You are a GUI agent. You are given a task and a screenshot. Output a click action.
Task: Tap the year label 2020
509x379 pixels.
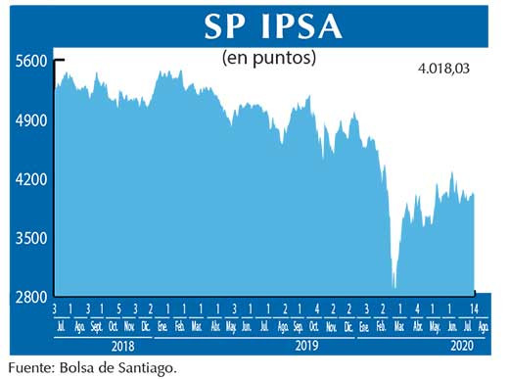461,346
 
